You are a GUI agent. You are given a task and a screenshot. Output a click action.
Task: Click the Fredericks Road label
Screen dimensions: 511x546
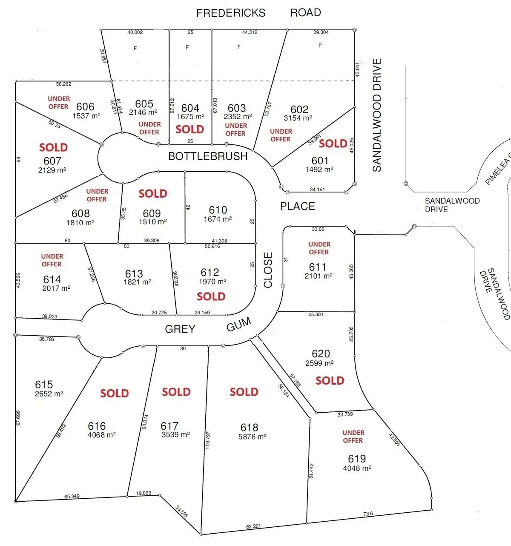(x=258, y=13)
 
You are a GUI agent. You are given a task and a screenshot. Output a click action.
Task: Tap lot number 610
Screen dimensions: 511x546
(x=218, y=210)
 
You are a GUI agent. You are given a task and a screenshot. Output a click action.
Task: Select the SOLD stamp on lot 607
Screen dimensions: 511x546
(x=53, y=147)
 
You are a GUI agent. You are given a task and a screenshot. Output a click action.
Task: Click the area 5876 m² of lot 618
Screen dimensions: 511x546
(x=253, y=437)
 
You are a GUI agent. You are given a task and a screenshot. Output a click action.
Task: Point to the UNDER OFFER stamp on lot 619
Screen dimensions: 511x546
(x=353, y=436)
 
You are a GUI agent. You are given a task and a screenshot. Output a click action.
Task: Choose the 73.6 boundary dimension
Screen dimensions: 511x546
(x=368, y=514)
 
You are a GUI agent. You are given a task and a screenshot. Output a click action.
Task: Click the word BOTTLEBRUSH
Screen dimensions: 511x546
(x=208, y=156)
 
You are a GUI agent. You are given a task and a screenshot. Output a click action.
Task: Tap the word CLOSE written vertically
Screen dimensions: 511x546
(x=268, y=270)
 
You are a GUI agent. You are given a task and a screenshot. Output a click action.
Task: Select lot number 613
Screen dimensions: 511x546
(x=134, y=273)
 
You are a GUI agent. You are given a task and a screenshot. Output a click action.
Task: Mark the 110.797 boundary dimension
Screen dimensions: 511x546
(x=208, y=440)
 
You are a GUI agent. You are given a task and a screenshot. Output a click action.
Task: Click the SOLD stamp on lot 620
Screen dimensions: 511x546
(x=330, y=380)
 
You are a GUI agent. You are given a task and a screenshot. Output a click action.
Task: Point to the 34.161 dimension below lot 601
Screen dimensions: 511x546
(x=317, y=190)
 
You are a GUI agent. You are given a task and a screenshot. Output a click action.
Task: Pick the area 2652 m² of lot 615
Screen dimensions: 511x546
(x=49, y=394)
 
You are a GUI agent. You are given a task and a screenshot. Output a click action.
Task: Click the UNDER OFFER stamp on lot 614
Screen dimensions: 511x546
(x=52, y=260)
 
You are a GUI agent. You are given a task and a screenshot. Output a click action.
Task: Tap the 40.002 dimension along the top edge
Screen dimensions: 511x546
(x=135, y=32)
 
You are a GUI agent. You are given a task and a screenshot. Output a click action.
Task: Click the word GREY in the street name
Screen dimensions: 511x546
(x=180, y=329)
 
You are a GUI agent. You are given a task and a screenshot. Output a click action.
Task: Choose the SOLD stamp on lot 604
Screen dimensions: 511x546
(x=189, y=129)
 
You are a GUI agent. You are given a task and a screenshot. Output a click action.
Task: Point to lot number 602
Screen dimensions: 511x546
(x=299, y=109)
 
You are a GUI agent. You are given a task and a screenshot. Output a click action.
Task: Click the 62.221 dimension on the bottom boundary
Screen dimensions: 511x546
(x=253, y=526)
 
